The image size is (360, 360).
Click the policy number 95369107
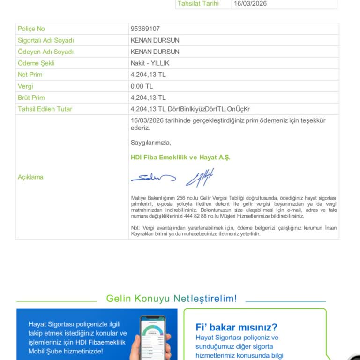[145, 29]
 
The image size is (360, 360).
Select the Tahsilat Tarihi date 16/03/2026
[250, 3]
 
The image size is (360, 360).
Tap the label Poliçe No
[31, 29]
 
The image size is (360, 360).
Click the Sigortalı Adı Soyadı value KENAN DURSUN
[155, 40]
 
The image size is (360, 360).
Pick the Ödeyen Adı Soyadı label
[45, 52]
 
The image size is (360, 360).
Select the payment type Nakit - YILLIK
[150, 63]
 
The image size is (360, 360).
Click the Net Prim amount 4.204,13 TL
[148, 75]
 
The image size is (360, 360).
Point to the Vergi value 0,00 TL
[142, 86]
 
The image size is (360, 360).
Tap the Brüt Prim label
[31, 97]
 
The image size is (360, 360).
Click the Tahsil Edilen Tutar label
[45, 109]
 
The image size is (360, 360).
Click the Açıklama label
[30, 177]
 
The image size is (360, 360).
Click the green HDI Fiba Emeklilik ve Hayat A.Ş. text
[180, 157]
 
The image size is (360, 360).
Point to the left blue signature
[153, 178]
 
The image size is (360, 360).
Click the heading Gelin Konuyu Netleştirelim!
[172, 299]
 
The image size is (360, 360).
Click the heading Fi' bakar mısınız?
[236, 327]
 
